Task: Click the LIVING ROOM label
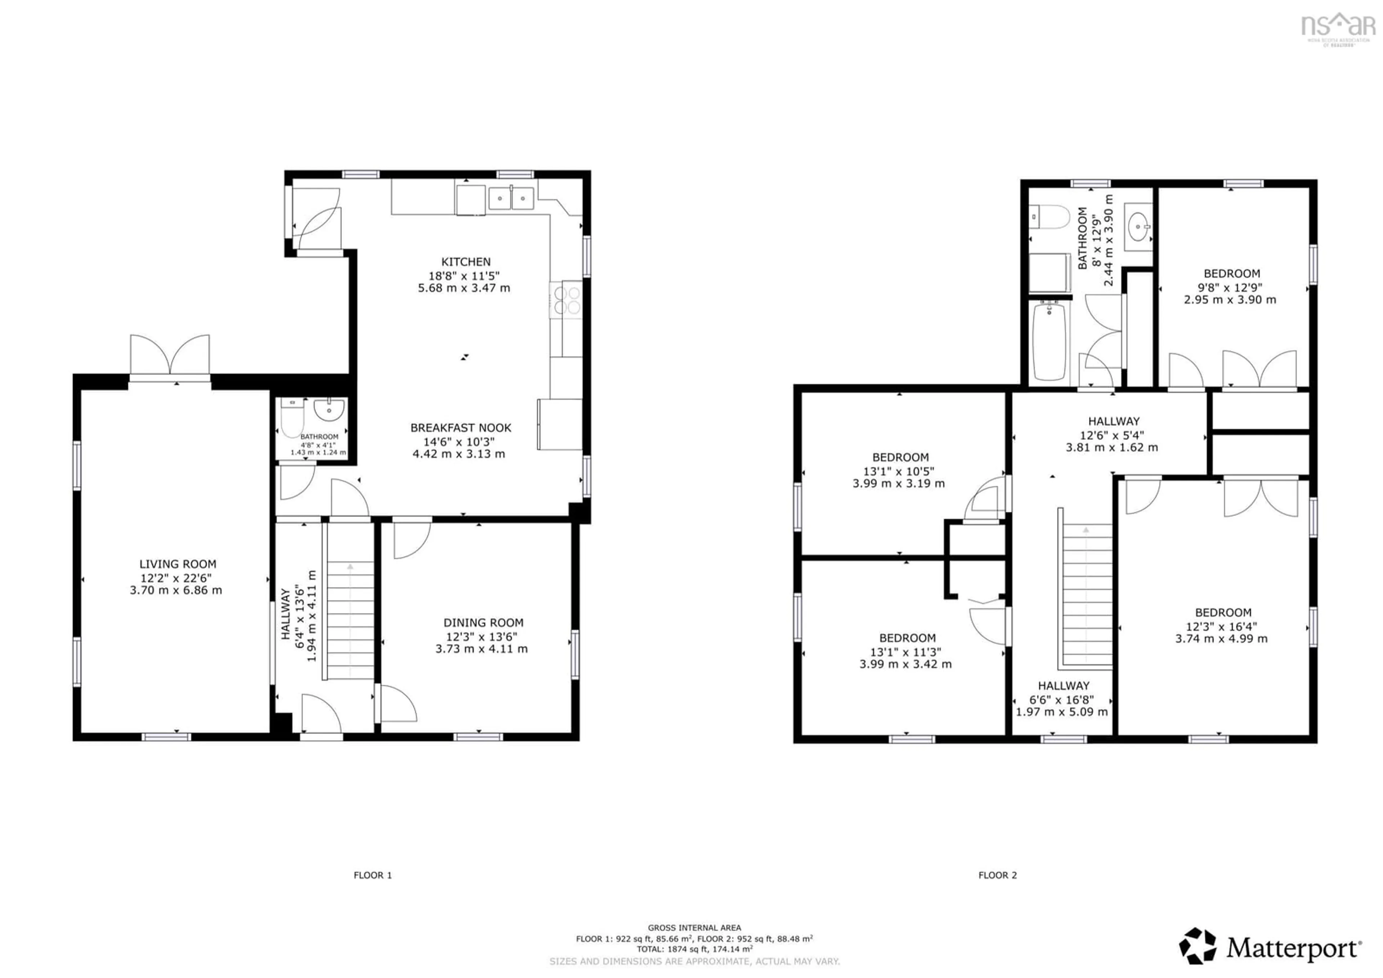click(178, 564)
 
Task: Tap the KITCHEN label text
click(466, 262)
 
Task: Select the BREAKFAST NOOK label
click(461, 428)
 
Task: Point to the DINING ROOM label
click(483, 622)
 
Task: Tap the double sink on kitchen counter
click(511, 198)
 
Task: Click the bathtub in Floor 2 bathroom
click(1049, 341)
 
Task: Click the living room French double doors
click(170, 356)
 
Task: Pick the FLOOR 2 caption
click(998, 875)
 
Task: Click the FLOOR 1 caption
click(372, 875)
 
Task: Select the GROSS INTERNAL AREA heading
click(694, 928)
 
